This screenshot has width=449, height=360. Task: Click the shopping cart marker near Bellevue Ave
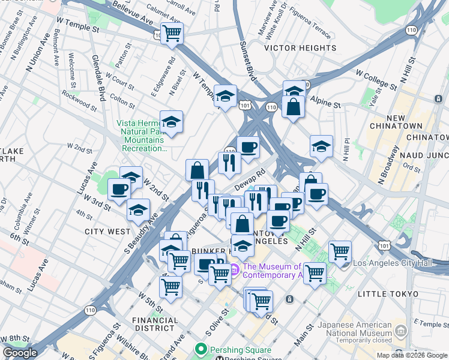point(172,34)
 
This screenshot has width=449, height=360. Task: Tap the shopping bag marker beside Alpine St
point(294,107)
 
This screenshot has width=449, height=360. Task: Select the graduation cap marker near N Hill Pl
point(321,146)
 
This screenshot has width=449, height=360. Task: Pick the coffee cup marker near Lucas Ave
point(119,190)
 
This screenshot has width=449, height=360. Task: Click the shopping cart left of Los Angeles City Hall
point(340,251)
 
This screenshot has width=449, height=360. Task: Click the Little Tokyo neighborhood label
point(387,293)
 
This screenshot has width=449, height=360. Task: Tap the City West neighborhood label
point(107,231)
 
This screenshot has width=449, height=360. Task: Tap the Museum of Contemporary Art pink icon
point(234,268)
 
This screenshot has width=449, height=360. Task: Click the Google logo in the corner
point(20,353)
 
